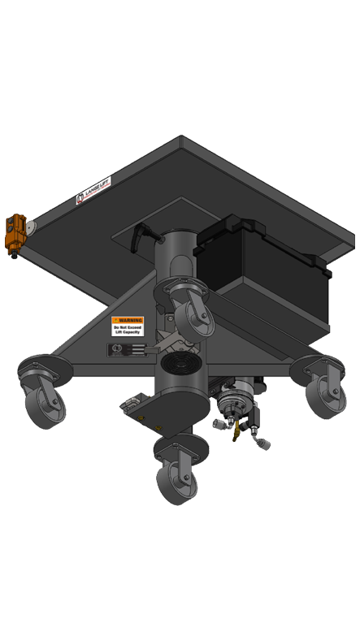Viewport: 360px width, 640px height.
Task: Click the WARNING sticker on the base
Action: (128, 325)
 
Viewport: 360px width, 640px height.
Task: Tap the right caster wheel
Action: (325, 393)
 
